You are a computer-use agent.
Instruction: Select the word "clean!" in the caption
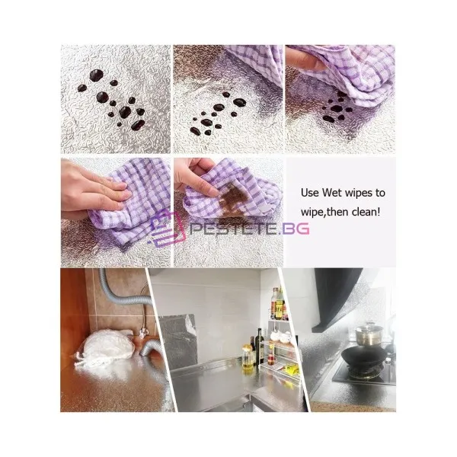[x=366, y=212]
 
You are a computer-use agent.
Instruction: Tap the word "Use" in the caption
[x=310, y=193]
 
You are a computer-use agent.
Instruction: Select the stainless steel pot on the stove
[x=369, y=334]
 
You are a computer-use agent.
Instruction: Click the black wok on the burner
[x=364, y=356]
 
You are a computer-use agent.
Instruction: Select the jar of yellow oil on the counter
[x=248, y=359]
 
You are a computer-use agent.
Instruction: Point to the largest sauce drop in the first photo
[x=96, y=75]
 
